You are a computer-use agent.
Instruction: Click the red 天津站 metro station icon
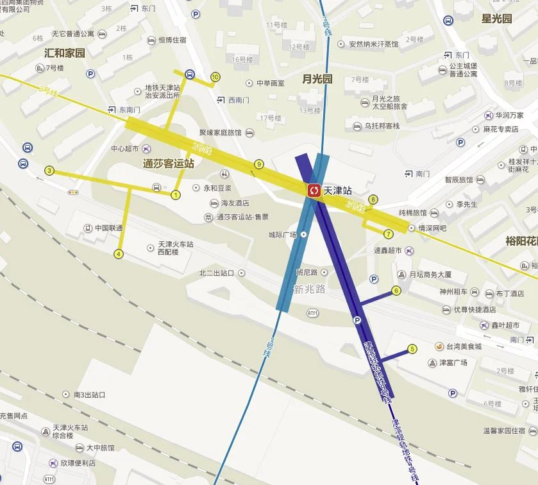(x=314, y=190)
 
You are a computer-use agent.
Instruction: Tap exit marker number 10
(x=215, y=77)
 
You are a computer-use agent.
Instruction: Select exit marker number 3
(x=49, y=171)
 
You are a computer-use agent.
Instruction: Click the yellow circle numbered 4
(x=119, y=254)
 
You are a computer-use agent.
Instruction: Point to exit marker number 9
(x=259, y=164)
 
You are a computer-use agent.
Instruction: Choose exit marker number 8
(x=373, y=200)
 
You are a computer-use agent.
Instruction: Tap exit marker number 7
(x=389, y=234)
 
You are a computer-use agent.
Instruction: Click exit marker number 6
(x=396, y=291)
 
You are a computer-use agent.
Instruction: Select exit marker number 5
(x=412, y=349)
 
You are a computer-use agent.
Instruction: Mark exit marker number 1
(x=176, y=194)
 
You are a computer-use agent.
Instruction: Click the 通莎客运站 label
(x=168, y=164)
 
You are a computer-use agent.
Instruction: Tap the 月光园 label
(x=317, y=79)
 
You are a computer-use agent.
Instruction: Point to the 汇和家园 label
(x=64, y=53)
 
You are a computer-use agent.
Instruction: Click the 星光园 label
(x=497, y=19)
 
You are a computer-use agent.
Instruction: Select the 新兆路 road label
(x=309, y=289)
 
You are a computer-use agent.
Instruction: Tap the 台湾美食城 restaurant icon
(x=439, y=346)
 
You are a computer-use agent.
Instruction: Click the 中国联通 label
(x=108, y=228)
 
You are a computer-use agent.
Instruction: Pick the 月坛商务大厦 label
(x=430, y=275)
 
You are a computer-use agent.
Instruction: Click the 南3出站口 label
(x=89, y=395)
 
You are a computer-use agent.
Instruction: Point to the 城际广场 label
(x=283, y=235)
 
